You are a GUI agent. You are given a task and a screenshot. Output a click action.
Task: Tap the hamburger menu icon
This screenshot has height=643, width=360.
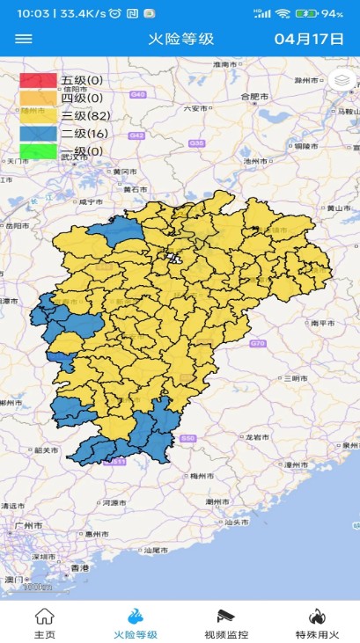click(24, 39)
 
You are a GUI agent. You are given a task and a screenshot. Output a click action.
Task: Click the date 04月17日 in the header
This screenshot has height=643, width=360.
click(308, 39)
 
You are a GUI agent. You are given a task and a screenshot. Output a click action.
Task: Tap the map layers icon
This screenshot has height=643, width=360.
click(343, 80)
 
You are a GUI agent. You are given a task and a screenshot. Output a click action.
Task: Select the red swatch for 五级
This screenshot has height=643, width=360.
click(38, 81)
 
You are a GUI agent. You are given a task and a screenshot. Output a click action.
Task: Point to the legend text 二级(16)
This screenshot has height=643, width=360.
click(84, 133)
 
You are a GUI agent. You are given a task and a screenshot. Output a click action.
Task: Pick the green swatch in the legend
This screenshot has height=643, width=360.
click(38, 150)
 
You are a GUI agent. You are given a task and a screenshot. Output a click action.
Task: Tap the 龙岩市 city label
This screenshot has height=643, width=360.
click(258, 436)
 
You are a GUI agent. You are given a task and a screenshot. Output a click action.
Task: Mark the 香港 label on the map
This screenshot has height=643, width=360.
click(80, 568)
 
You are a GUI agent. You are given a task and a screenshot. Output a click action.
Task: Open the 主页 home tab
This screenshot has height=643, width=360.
click(44, 623)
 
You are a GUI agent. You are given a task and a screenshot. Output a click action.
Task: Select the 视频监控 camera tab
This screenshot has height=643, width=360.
click(225, 623)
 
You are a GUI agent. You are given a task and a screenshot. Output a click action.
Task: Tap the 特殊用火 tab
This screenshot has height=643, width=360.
click(316, 623)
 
